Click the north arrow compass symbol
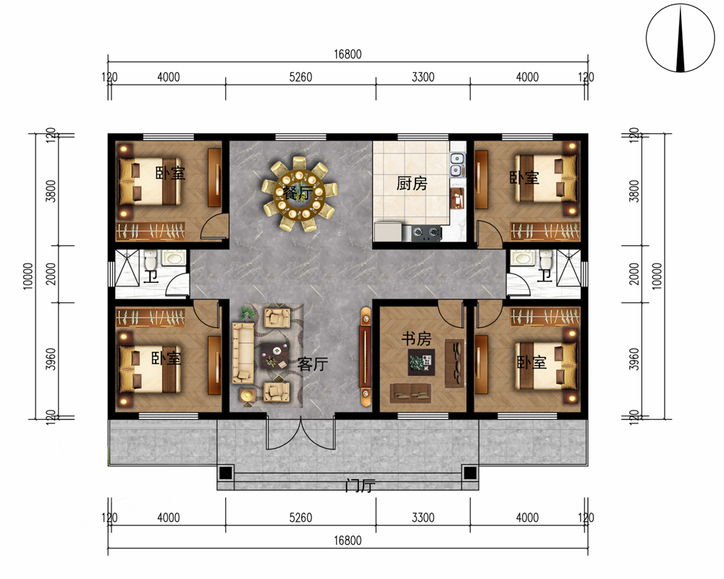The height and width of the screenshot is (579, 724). (x=680, y=38)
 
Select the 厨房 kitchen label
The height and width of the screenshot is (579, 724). (x=411, y=183)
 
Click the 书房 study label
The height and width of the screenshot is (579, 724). (x=416, y=339)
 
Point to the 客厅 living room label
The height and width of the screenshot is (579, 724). (x=313, y=364)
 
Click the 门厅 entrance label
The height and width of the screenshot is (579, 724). (x=360, y=485)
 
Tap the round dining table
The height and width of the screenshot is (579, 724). (x=299, y=193)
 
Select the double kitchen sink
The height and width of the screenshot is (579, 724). (x=456, y=165)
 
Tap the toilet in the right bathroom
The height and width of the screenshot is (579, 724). (x=545, y=259)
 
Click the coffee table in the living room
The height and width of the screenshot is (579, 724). (x=274, y=356)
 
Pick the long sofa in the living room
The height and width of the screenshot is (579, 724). (x=243, y=353)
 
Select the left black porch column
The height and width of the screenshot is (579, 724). (x=225, y=473)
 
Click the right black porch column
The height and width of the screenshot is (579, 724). (x=470, y=473)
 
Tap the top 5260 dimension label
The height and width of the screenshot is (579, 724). (x=300, y=77)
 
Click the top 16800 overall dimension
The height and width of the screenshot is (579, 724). (x=348, y=54)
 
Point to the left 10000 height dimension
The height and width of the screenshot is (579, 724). (x=28, y=276)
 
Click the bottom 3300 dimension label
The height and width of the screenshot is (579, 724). (x=423, y=517)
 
